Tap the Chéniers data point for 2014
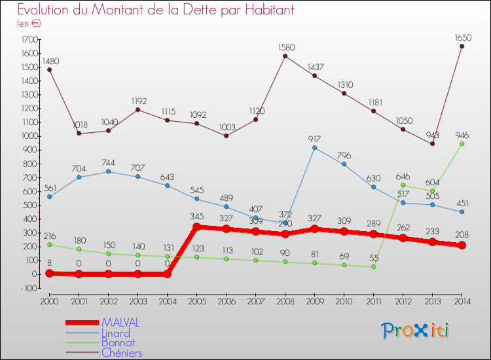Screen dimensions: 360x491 (x=462, y=46)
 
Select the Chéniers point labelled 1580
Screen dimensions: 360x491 (x=285, y=56)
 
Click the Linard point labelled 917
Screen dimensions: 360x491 (x=314, y=148)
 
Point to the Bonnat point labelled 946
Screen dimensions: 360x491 (x=462, y=143)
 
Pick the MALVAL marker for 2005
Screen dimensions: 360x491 (x=196, y=227)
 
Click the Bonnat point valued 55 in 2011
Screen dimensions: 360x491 (x=373, y=266)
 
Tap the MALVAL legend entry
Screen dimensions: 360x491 (x=120, y=323)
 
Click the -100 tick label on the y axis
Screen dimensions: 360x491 (x=28, y=287)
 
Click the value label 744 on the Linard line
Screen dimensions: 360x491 (x=109, y=162)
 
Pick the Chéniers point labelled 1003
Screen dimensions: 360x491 (x=226, y=136)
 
